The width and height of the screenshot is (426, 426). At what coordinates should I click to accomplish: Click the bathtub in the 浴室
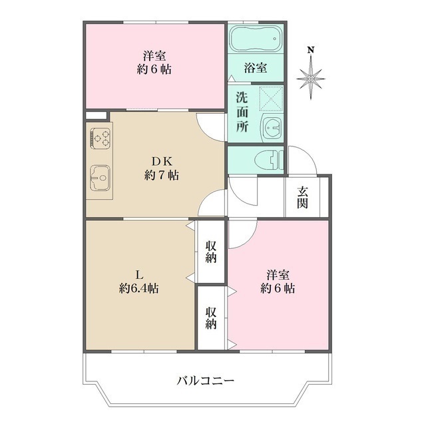(256, 39)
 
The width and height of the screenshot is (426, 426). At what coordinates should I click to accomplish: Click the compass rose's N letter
(311, 50)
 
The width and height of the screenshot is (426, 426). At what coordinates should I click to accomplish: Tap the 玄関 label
(303, 198)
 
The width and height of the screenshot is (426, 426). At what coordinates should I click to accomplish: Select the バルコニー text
(205, 381)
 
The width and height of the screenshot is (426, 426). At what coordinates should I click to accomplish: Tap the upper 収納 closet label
(211, 252)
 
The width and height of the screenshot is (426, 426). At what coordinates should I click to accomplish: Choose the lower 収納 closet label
(211, 318)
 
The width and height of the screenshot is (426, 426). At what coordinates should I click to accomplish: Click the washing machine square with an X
(272, 99)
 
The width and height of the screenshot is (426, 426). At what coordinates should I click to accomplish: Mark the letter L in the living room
(138, 274)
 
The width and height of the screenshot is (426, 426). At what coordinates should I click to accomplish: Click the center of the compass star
(311, 79)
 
